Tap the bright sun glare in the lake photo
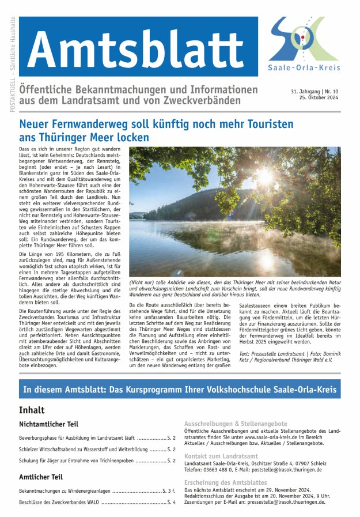coord(266,176)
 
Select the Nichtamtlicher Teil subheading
coord(48,424)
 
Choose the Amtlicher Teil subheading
coord(41,477)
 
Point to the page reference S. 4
coord(172,502)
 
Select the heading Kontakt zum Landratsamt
coord(221,456)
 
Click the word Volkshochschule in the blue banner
coord(243,390)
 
